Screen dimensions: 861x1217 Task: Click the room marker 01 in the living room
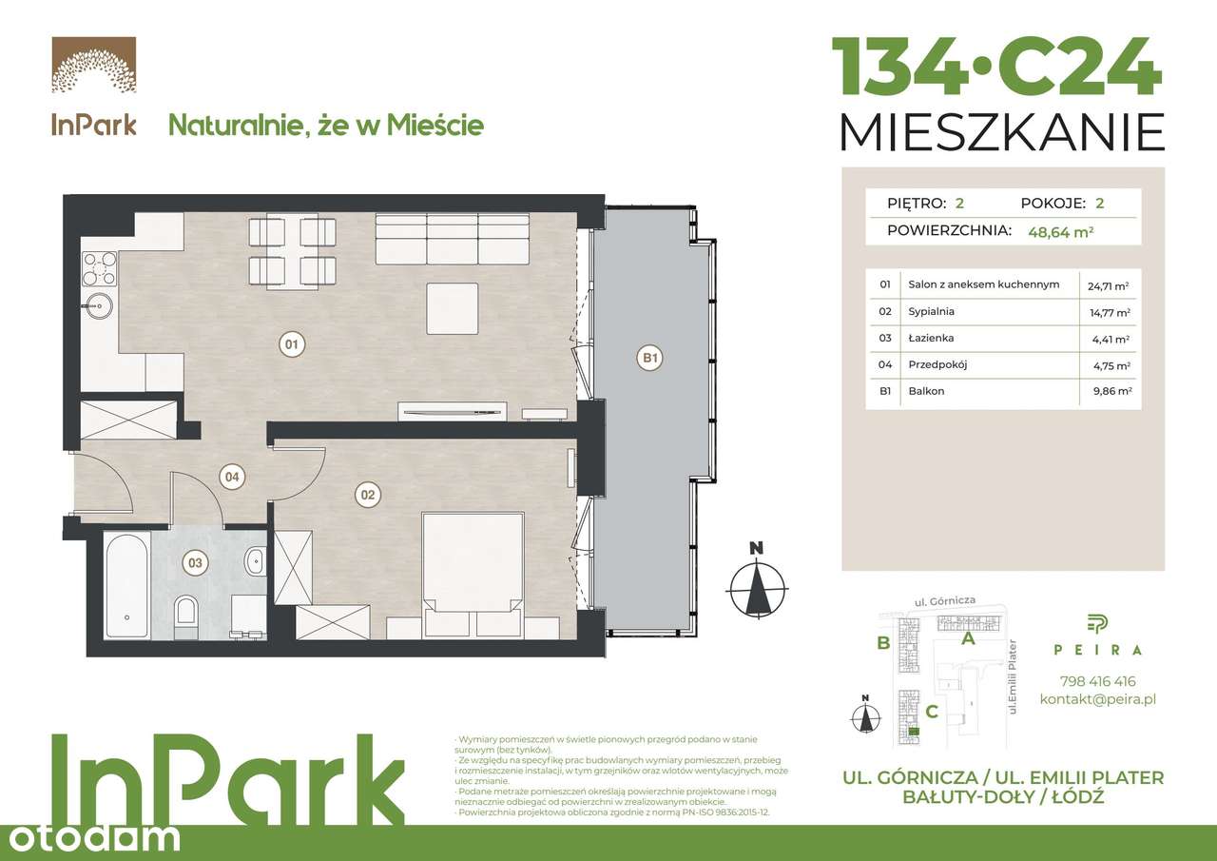coord(292,344)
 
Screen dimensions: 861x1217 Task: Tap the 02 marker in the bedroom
coord(368,495)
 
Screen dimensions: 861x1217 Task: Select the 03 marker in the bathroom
coord(195,563)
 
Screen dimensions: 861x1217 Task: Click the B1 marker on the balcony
coord(650,359)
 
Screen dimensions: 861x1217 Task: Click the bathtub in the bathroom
coord(126,584)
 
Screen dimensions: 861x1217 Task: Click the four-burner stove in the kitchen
coord(99,267)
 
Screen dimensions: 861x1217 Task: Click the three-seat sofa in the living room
coord(452,238)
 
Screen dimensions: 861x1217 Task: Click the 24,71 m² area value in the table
coord(1108,285)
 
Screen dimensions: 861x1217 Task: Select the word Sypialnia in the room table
coord(931,311)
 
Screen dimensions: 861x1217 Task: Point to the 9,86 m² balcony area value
coord(1109,391)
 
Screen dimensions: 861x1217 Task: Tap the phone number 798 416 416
coord(1097,681)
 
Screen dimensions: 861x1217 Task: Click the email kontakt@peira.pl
coord(1097,699)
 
